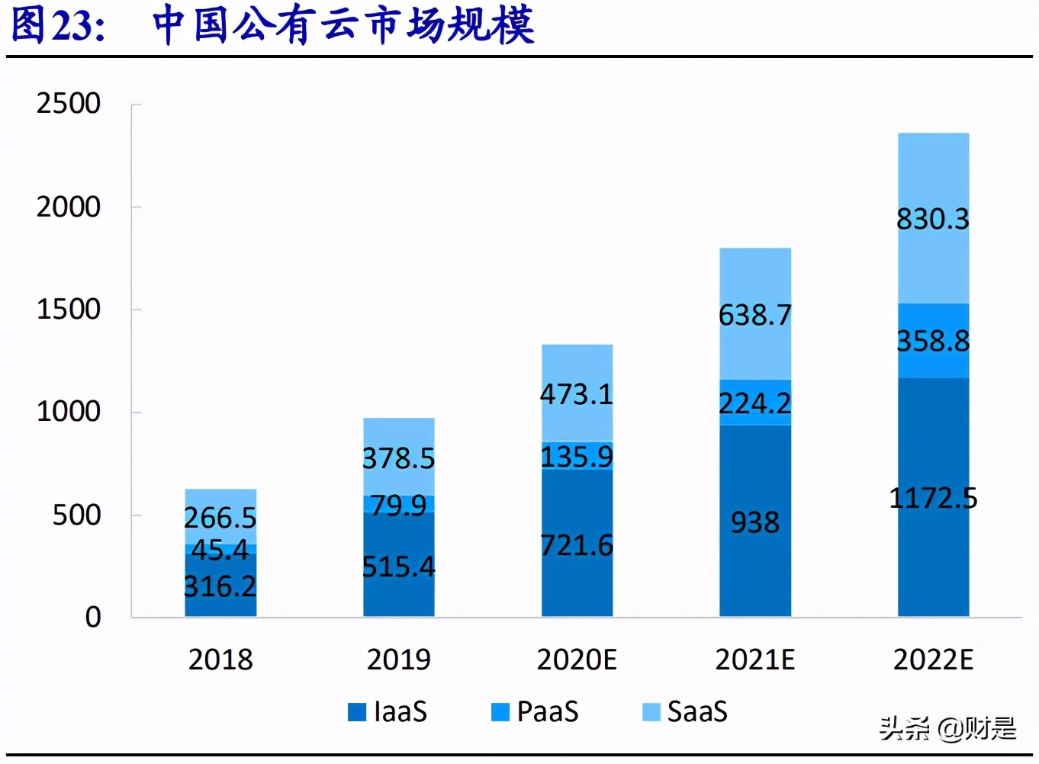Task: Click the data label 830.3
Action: click(x=933, y=220)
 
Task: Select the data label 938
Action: click(x=754, y=522)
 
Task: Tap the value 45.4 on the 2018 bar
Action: click(x=220, y=550)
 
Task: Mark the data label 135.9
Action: click(x=577, y=457)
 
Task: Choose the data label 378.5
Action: click(x=398, y=458)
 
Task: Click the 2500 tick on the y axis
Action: click(x=69, y=104)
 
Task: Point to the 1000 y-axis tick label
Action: click(x=69, y=412)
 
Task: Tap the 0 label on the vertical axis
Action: click(x=93, y=617)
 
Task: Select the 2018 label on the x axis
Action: click(x=220, y=660)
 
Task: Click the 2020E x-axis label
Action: click(x=577, y=660)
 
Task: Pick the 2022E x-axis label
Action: click(x=933, y=660)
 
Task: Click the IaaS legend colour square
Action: click(x=357, y=712)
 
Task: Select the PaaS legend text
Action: click(x=548, y=712)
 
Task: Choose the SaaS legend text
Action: click(x=697, y=712)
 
